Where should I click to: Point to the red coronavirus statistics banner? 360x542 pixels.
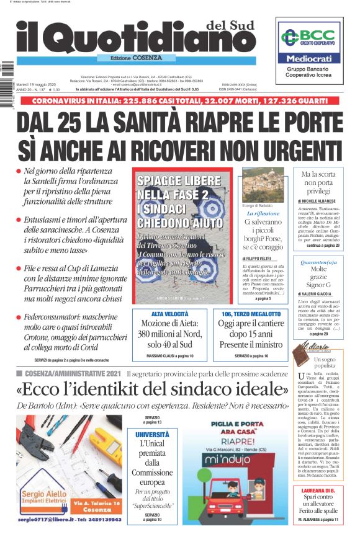coord(180,101)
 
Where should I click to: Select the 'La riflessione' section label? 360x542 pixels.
coord(263,213)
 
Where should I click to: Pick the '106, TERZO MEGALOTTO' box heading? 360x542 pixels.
coord(250,314)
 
